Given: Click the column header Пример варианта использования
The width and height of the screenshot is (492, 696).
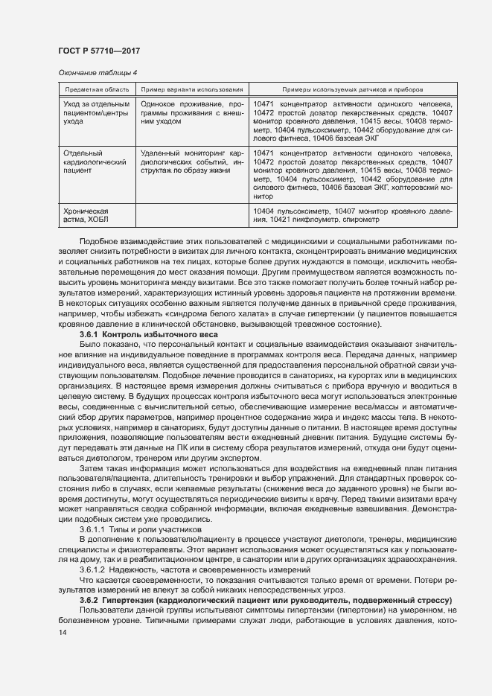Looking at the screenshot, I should coord(192,89).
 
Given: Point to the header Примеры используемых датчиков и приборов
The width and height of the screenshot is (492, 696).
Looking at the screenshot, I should coord(353,89).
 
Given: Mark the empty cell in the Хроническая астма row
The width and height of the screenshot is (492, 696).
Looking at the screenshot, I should coord(192,216).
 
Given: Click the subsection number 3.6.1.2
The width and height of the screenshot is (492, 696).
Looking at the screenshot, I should coord(95,569).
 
